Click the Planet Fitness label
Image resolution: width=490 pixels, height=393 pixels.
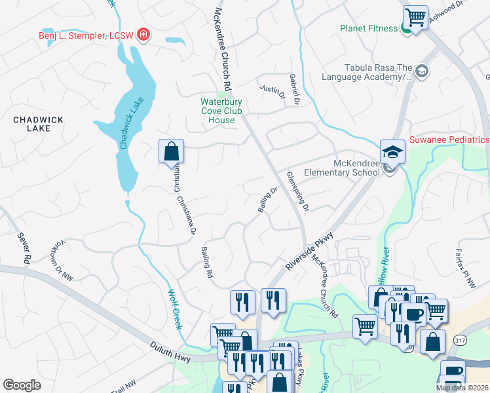(x=368, y=28)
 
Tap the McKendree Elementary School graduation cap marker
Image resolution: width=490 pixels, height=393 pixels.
(x=392, y=152)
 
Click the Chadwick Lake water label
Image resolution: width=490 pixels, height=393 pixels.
(x=130, y=122)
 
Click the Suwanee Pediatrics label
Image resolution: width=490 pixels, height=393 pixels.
(x=449, y=140)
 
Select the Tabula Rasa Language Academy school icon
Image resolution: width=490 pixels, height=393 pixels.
(x=421, y=71)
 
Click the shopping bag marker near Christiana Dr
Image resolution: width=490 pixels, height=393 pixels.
(x=171, y=151)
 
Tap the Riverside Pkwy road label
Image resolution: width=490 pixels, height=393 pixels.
(x=310, y=251)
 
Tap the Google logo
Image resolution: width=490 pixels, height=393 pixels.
(x=22, y=384)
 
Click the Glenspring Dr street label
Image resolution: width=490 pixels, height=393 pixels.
(x=298, y=191)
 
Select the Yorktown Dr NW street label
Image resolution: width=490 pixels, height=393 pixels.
(x=60, y=259)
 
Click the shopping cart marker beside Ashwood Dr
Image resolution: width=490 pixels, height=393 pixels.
(x=415, y=16)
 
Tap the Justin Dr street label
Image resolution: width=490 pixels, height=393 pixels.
(x=273, y=91)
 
